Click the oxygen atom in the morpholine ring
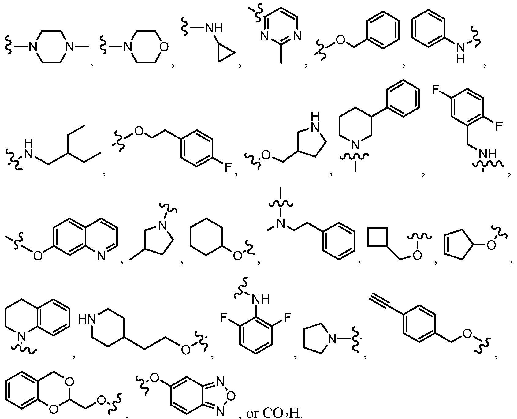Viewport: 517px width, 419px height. [164, 47]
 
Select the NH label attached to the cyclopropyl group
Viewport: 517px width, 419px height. [214, 28]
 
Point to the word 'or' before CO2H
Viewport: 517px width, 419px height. [253, 413]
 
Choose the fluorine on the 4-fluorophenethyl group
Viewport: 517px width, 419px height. [228, 167]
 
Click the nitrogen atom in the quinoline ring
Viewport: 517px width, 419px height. [101, 255]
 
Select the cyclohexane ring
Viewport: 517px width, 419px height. [206, 236]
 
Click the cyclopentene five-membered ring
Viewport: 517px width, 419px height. [456, 245]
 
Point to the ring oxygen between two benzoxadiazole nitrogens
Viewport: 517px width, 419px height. [231, 396]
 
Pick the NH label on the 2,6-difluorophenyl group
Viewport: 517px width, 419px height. [260, 299]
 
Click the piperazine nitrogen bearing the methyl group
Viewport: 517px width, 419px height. [70, 47]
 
